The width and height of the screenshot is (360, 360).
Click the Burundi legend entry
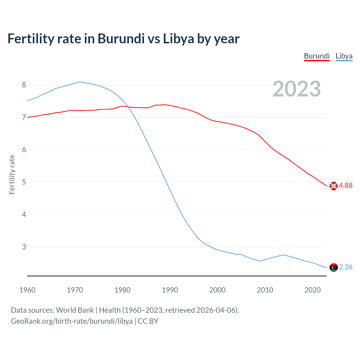pyautogui.click(x=317, y=56)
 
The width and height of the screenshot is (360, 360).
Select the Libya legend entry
pyautogui.click(x=344, y=56)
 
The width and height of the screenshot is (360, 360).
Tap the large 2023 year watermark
pyautogui.click(x=297, y=89)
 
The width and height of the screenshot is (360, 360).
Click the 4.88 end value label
pyautogui.click(x=346, y=185)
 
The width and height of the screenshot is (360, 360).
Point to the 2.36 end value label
pyautogui.click(x=346, y=267)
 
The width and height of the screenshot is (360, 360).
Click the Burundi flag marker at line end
pyautogui.click(x=334, y=186)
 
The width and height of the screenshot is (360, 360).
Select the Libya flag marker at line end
pyautogui.click(x=334, y=267)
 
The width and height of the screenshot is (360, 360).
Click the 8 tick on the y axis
pyautogui.click(x=24, y=85)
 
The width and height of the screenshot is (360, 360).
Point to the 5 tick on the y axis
pyautogui.click(x=24, y=182)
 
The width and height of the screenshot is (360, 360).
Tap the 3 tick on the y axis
pyautogui.click(x=24, y=247)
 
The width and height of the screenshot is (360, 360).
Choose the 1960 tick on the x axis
pyautogui.click(x=27, y=290)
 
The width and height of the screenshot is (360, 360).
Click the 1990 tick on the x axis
pyautogui.click(x=170, y=290)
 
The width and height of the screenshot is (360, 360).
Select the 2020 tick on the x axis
pyautogui.click(x=312, y=290)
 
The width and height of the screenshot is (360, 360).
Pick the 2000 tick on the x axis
pyautogui.click(x=217, y=290)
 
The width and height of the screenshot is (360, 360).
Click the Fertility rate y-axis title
pyautogui.click(x=12, y=174)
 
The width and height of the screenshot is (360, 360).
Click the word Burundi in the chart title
pyautogui.click(x=121, y=39)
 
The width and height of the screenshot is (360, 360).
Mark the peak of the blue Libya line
pyautogui.click(x=79, y=82)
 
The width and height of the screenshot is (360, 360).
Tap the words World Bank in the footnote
pyautogui.click(x=75, y=310)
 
